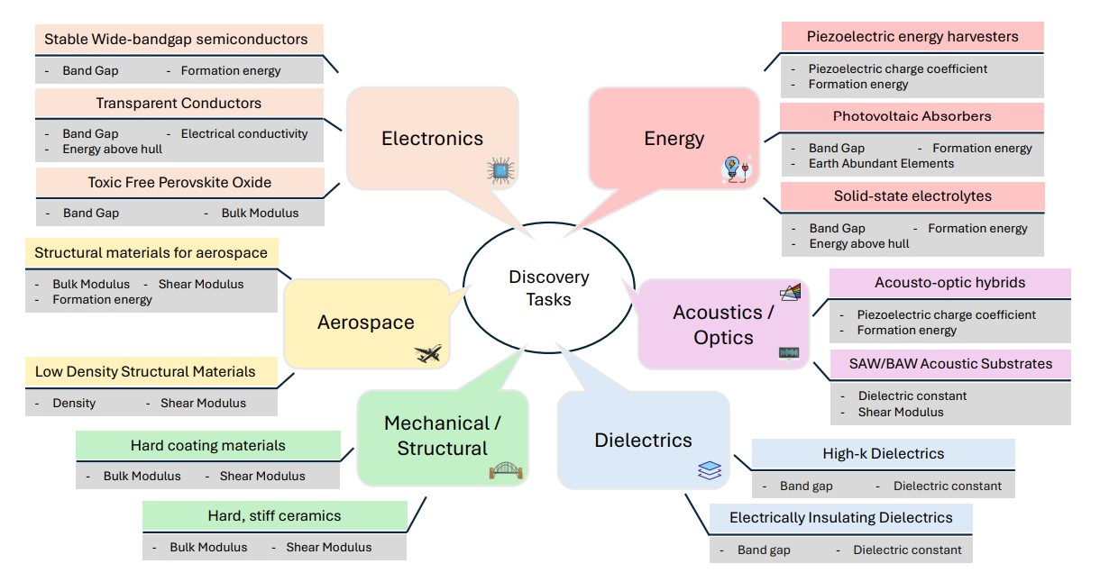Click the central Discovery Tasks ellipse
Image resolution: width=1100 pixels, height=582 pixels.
click(548, 287)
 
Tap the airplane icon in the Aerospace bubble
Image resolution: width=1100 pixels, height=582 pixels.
click(429, 353)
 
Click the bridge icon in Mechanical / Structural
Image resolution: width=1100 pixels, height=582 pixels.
click(503, 469)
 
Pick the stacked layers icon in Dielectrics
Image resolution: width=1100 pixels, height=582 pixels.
click(709, 469)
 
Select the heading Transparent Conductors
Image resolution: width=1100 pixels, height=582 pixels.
click(179, 104)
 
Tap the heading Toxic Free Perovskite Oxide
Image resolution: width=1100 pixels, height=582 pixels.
click(179, 182)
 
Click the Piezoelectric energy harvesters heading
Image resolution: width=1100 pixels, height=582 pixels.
click(912, 37)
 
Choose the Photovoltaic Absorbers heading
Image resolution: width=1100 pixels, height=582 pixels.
click(912, 116)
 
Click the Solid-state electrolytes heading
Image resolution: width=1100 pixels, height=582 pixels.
click(912, 196)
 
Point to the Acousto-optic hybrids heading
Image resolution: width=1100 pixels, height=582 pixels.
click(949, 282)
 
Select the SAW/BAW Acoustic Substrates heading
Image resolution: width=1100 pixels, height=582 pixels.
click(950, 364)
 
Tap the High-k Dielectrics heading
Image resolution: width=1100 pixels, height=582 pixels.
click(883, 453)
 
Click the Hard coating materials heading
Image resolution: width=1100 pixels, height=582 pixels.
click(207, 445)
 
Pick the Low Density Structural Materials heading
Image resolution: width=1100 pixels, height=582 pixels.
click(145, 371)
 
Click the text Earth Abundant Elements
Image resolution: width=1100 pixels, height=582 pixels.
click(881, 163)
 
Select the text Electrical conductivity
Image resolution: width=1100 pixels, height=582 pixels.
click(244, 133)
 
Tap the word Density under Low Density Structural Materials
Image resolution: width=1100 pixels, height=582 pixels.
click(74, 403)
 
